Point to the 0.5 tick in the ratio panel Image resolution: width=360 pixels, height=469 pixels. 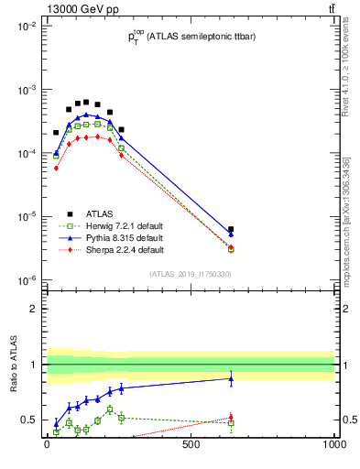28,420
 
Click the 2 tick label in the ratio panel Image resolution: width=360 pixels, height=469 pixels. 33,309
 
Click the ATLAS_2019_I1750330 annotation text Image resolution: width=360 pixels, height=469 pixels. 191,273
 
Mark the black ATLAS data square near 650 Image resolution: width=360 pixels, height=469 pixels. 231,229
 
